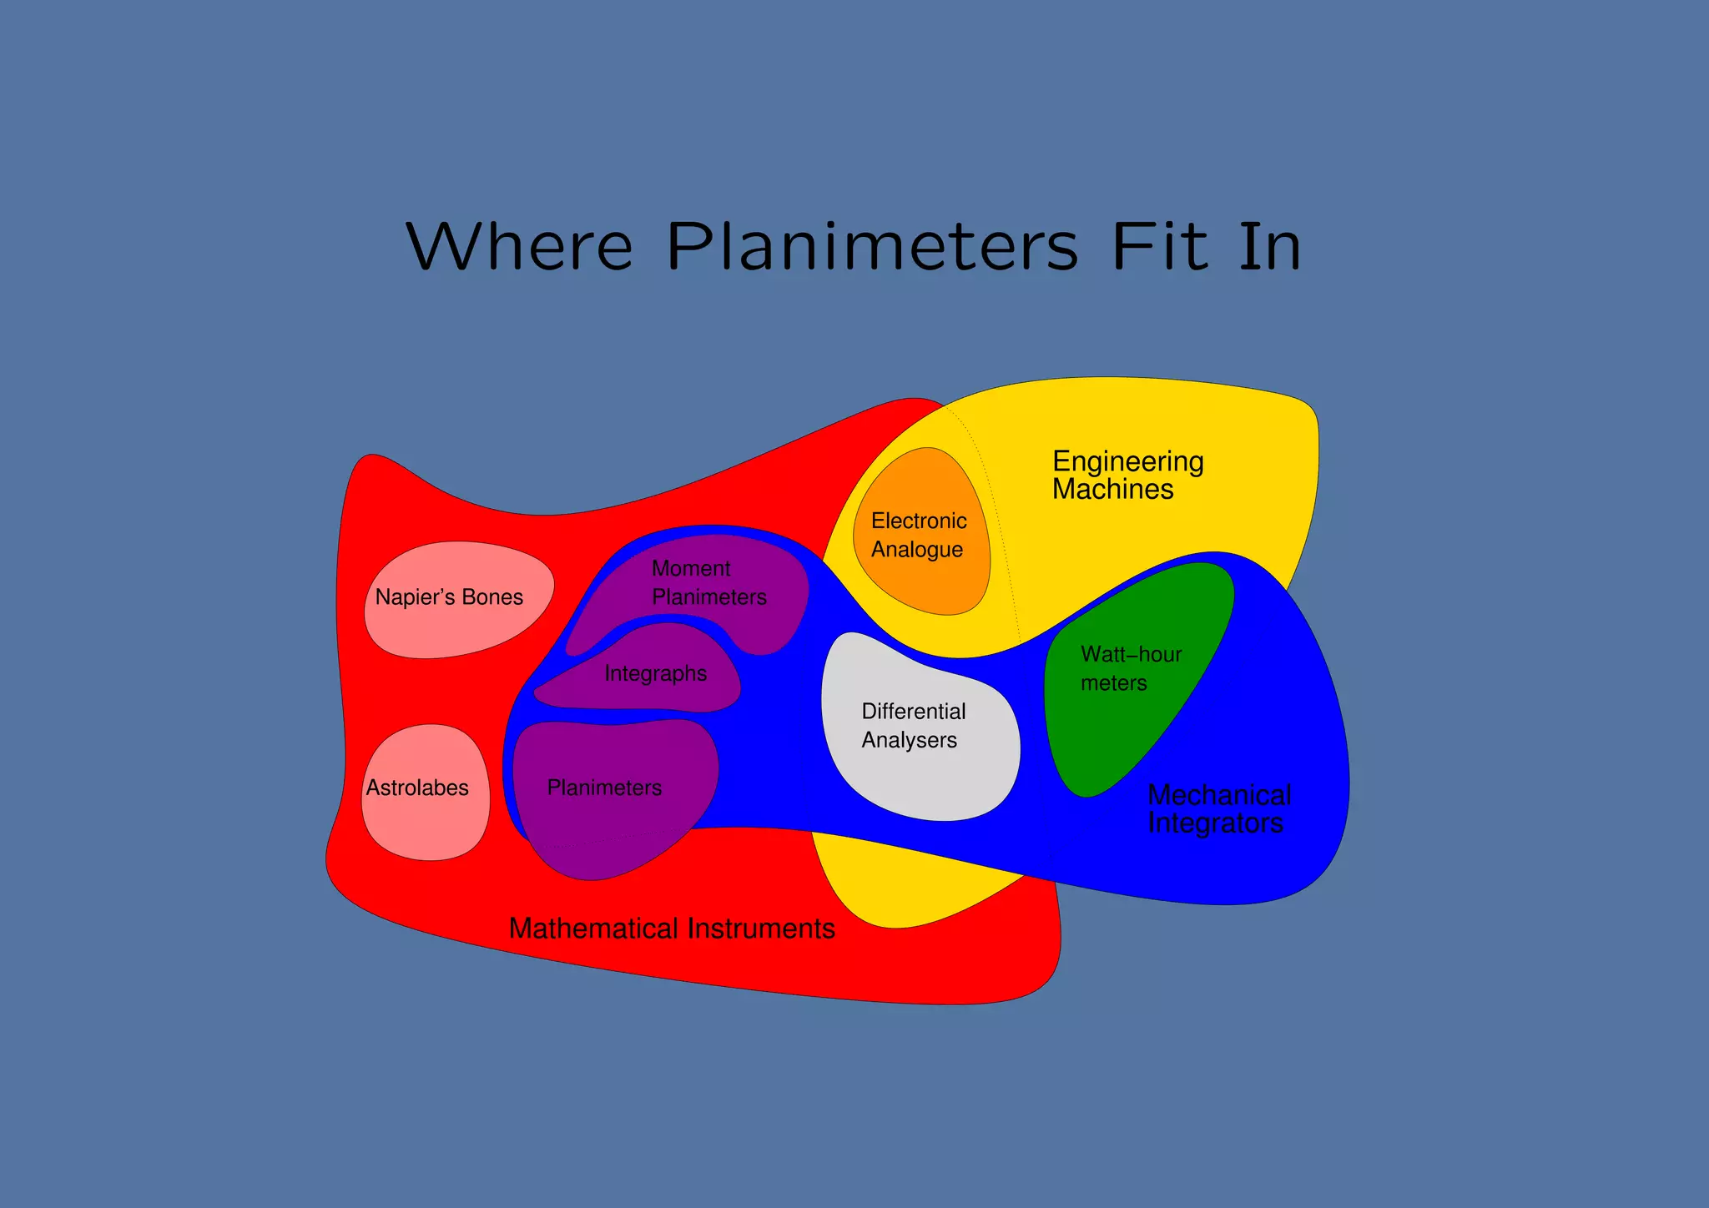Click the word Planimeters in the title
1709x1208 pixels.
[x=872, y=247]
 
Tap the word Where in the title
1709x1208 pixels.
[x=519, y=247]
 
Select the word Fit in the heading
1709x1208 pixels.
[x=1159, y=247]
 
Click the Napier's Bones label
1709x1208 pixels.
[x=449, y=597]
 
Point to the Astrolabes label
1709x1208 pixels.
[x=417, y=788]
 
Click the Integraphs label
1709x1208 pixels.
[x=655, y=673]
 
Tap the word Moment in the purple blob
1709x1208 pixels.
[x=691, y=568]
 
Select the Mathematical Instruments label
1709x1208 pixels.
[x=672, y=929]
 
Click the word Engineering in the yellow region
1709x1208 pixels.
[x=1127, y=461]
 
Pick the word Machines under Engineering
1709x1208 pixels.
[x=1112, y=489]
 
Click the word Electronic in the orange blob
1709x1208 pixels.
[x=919, y=521]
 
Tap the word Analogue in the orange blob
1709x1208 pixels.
[x=916, y=550]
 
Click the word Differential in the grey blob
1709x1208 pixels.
[x=913, y=711]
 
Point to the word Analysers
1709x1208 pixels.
[x=909, y=740]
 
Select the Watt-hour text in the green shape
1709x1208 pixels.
[x=1131, y=654]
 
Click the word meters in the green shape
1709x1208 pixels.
[x=1113, y=683]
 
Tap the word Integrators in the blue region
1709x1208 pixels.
[x=1215, y=823]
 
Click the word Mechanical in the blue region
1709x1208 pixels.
[x=1219, y=795]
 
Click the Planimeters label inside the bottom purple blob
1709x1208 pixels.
[x=604, y=788]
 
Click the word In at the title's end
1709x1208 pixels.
[x=1269, y=247]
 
